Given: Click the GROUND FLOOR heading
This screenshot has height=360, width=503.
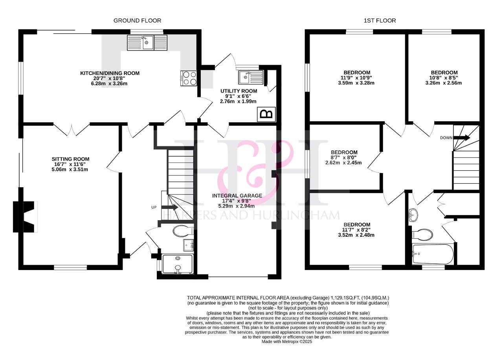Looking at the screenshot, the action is pos(137,21).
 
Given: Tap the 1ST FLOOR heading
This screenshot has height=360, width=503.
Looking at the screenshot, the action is pos(380,21).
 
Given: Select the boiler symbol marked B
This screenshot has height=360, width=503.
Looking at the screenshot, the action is pos(266,114).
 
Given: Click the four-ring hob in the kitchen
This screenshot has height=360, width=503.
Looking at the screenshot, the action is pos(189,78).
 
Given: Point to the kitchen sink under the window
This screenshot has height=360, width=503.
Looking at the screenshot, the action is pos(147,43).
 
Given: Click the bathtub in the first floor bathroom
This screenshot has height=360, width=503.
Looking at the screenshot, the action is pos(433,254).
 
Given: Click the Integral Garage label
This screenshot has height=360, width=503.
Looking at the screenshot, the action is pos(237,196).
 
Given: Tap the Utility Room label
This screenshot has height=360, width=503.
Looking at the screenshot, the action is pos(239,91).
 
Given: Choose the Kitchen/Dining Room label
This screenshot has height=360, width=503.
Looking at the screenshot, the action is pos(110,73).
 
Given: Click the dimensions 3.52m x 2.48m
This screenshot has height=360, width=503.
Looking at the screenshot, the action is pos(356,235).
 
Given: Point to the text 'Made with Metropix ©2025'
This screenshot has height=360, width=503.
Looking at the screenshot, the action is pos(287,342).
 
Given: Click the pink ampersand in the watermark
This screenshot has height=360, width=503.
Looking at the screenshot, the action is pos(256,173).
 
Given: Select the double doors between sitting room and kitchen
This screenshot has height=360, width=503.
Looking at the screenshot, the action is pos(72,130).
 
